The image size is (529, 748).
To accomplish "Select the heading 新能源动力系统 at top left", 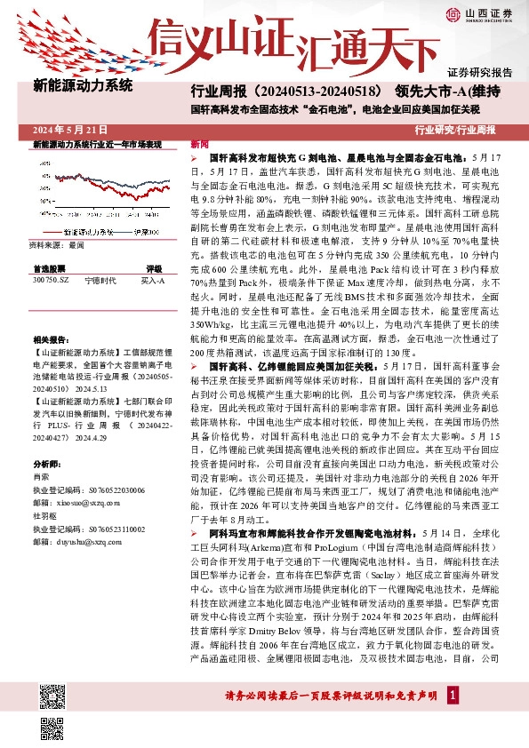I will click(x=83, y=86).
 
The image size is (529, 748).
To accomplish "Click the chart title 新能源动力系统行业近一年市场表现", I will click(x=98, y=144).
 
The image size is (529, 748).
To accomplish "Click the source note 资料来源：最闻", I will click(x=57, y=243).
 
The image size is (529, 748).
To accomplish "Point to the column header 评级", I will click(x=154, y=267).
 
